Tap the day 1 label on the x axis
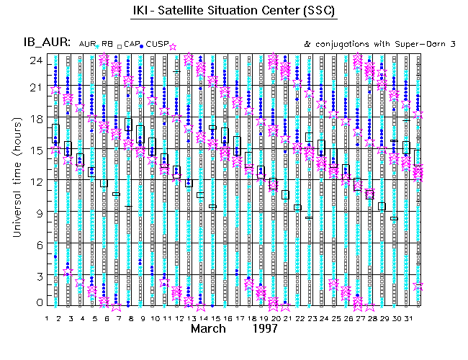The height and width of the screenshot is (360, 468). (47, 318)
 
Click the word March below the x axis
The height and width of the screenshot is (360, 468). (212, 329)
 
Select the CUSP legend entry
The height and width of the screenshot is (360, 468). (156, 45)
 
